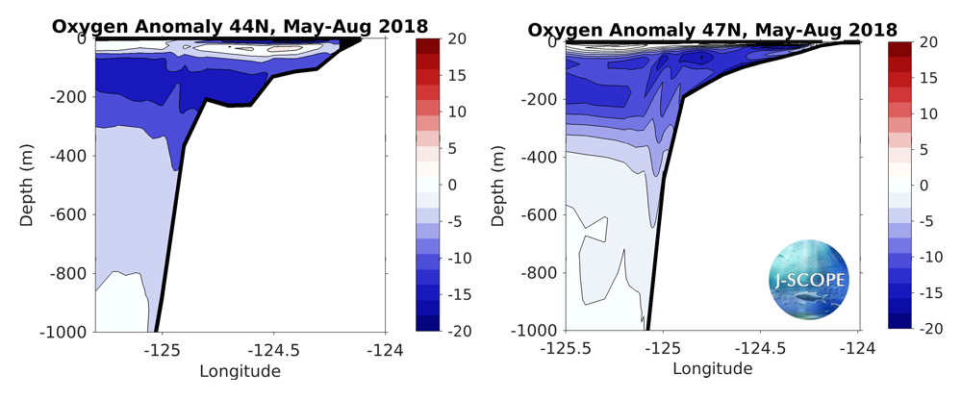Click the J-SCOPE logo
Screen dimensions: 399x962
(809, 280)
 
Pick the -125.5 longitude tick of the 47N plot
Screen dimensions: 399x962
(566, 348)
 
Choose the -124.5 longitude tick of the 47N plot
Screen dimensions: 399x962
(760, 348)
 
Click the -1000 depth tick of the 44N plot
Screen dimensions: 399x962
(63, 332)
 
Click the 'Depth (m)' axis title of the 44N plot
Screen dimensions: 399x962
(28, 186)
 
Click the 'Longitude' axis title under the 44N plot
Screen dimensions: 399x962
(240, 370)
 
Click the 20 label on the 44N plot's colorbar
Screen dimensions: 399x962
(458, 38)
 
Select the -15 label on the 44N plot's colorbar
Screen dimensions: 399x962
(458, 293)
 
